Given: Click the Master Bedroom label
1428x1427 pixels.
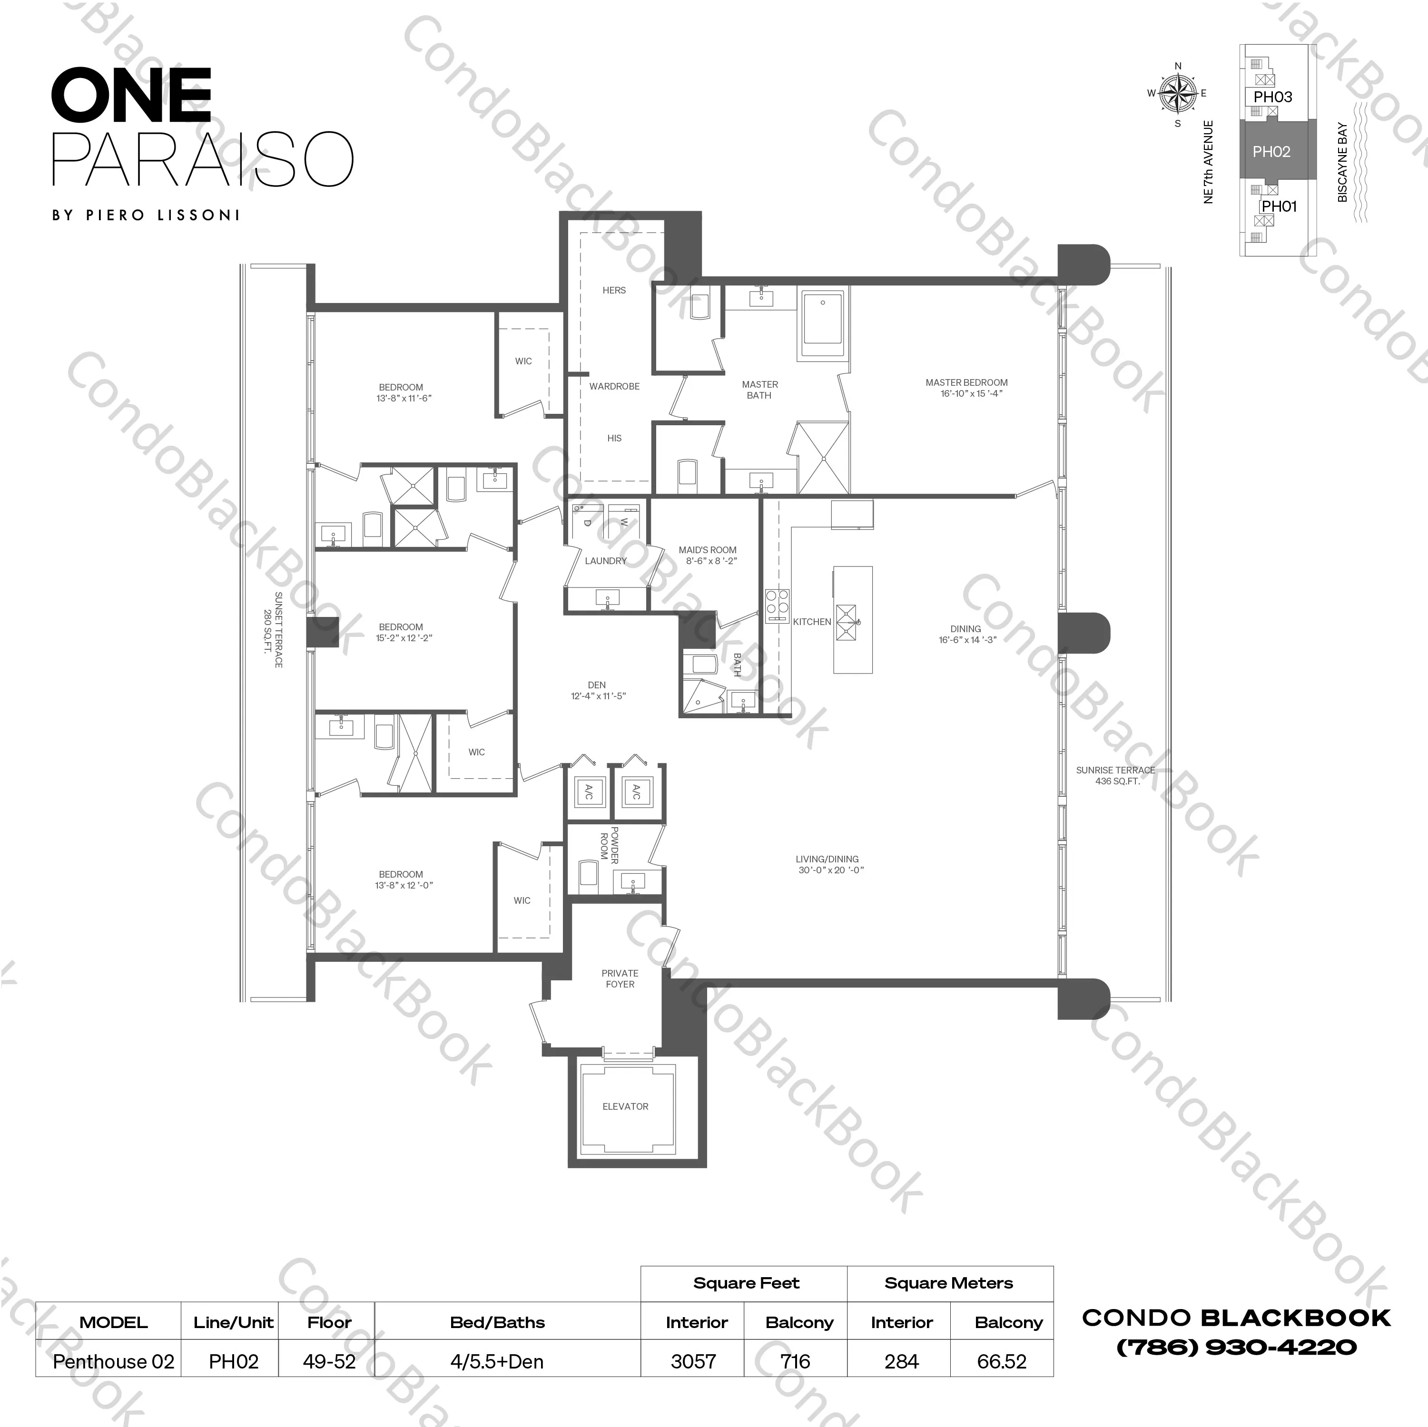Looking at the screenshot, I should (x=966, y=388).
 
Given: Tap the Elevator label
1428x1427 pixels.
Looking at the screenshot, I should (x=625, y=1106).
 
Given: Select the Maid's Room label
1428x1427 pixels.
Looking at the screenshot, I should (x=708, y=555).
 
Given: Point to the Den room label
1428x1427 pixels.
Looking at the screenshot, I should (x=597, y=690).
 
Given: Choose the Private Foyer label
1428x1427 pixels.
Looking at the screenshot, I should (x=620, y=978).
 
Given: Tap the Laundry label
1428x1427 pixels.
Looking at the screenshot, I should (x=605, y=561).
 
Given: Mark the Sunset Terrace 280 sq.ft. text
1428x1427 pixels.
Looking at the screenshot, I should (x=274, y=630).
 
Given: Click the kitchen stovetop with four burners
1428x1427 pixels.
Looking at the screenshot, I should (x=777, y=602).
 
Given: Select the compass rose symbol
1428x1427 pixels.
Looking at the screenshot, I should (x=1177, y=94).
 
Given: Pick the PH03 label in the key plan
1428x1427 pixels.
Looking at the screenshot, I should (x=1273, y=97).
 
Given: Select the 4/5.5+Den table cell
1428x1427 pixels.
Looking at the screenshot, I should (x=497, y=1361).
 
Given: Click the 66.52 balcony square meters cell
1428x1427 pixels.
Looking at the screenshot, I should (x=1002, y=1361).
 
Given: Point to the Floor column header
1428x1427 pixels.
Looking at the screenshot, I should (x=329, y=1322).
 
